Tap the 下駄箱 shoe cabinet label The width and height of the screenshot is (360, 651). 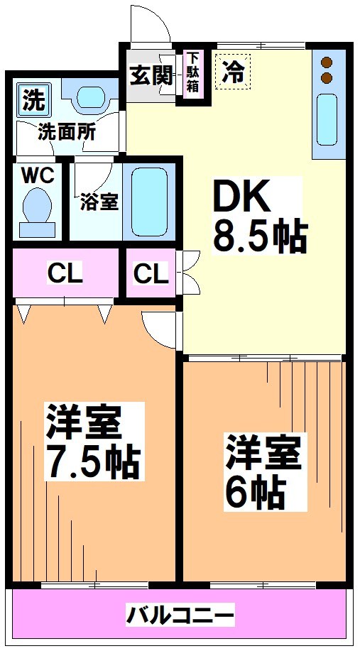click(192, 73)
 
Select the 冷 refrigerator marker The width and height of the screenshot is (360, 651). click(233, 72)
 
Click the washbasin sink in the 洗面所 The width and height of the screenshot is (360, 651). click(90, 97)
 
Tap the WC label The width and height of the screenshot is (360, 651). click(36, 176)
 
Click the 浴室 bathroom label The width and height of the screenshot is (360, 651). click(98, 202)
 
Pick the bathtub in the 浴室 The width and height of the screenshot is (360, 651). click(148, 202)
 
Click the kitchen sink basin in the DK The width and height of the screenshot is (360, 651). click(327, 119)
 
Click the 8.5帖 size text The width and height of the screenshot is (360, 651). click(260, 236)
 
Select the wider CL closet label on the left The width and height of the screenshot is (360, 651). click(65, 273)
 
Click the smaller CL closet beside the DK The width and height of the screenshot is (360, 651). click(151, 273)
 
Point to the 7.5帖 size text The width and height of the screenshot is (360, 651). click(92, 461)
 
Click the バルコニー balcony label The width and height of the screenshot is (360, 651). click(180, 614)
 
